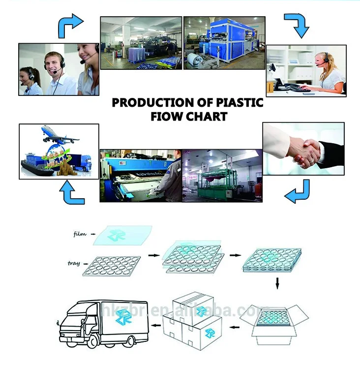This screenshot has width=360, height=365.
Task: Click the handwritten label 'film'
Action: [79, 234]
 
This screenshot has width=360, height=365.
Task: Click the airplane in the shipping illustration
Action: [57, 133]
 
